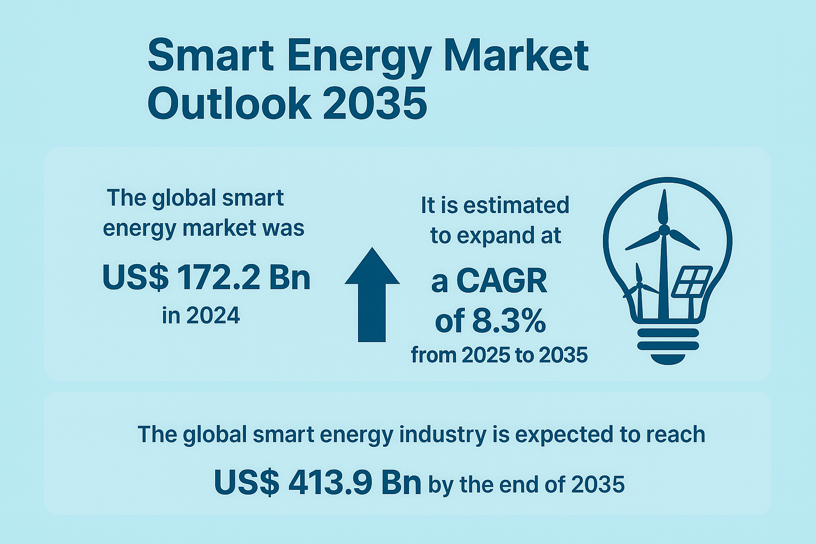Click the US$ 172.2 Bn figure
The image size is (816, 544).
click(206, 277)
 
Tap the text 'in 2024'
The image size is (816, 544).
click(201, 316)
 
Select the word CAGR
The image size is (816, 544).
click(501, 281)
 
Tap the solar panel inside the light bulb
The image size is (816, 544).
click(691, 282)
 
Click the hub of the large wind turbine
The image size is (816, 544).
click(664, 229)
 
